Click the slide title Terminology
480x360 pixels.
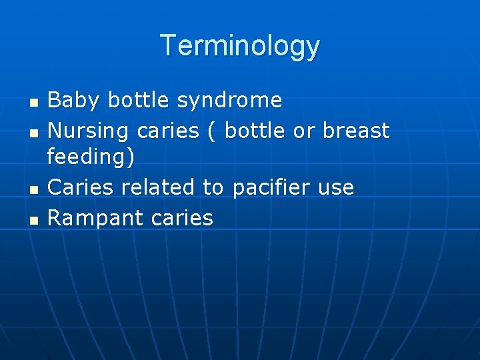[x=240, y=45]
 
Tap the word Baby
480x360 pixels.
[x=74, y=101]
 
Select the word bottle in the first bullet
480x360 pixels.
[x=139, y=101]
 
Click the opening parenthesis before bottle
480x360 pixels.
[x=211, y=131]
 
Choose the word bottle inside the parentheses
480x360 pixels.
[x=256, y=130]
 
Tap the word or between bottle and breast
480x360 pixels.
[x=305, y=131]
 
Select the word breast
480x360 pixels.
[x=356, y=130]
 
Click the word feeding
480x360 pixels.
[x=88, y=158]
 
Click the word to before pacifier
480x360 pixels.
[x=213, y=187]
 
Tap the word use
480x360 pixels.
[x=336, y=188]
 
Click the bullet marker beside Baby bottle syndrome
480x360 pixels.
[x=33, y=103]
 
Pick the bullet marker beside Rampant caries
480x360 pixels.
[x=33, y=219]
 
